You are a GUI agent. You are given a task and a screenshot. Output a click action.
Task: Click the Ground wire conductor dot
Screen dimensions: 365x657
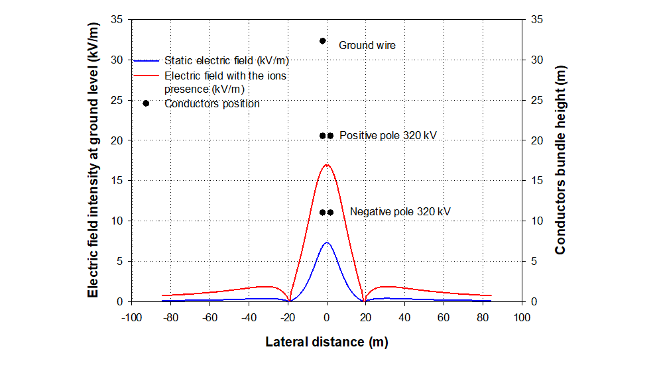pyautogui.click(x=323, y=41)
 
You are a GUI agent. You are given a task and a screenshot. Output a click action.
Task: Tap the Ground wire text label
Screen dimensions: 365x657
pyautogui.click(x=367, y=46)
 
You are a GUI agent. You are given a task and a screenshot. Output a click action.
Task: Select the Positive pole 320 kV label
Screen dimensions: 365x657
pyautogui.click(x=388, y=136)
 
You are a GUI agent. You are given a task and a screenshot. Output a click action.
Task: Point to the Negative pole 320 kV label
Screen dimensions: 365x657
pyautogui.click(x=400, y=212)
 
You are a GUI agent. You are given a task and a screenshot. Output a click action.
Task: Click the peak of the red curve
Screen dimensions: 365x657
pyautogui.click(x=326, y=165)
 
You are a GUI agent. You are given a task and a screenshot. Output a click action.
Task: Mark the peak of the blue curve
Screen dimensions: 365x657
pyautogui.click(x=326, y=242)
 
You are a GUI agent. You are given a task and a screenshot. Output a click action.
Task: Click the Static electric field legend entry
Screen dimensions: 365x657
pyautogui.click(x=226, y=60)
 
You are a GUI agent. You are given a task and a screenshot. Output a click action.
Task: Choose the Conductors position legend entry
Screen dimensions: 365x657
pyautogui.click(x=211, y=104)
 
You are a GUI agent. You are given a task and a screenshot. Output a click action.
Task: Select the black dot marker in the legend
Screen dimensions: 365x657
pyautogui.click(x=146, y=103)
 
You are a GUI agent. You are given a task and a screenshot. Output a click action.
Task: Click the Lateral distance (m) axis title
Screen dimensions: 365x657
pyautogui.click(x=326, y=342)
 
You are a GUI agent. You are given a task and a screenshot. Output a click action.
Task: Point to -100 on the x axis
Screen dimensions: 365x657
pyautogui.click(x=131, y=317)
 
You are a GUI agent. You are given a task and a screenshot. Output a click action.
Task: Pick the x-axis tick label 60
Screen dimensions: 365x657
pyautogui.click(x=444, y=317)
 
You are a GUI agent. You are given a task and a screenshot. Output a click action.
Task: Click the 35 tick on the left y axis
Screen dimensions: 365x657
pyautogui.click(x=117, y=20)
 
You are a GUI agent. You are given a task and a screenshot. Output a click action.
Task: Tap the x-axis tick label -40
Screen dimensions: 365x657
pyautogui.click(x=249, y=317)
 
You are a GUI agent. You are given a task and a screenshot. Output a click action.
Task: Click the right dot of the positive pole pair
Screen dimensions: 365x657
pyautogui.click(x=330, y=136)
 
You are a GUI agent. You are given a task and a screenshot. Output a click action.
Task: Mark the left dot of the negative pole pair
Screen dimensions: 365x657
pyautogui.click(x=323, y=213)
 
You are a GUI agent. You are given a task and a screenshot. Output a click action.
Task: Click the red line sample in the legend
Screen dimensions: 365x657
pyautogui.click(x=147, y=76)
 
